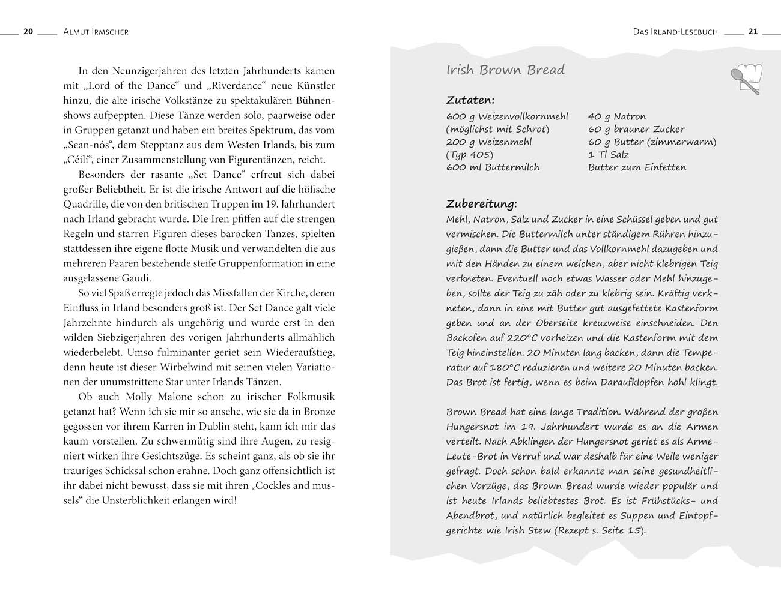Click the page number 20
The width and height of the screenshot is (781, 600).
point(28,32)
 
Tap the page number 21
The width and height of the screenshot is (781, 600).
point(753,32)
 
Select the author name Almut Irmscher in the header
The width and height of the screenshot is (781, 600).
point(96,32)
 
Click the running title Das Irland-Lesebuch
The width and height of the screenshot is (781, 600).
point(675,32)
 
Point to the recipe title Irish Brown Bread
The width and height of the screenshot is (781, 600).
point(505,70)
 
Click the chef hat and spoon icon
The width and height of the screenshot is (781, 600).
point(745,78)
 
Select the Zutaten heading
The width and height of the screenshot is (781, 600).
point(470,100)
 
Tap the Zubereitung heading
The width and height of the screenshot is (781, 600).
point(481,204)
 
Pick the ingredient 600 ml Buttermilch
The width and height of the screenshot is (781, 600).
point(493,167)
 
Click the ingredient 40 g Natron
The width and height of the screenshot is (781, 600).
point(617,116)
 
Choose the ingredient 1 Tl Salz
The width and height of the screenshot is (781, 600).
point(608,155)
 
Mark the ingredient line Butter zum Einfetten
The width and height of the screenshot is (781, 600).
point(637,167)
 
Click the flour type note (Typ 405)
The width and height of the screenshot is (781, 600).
point(470,155)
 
